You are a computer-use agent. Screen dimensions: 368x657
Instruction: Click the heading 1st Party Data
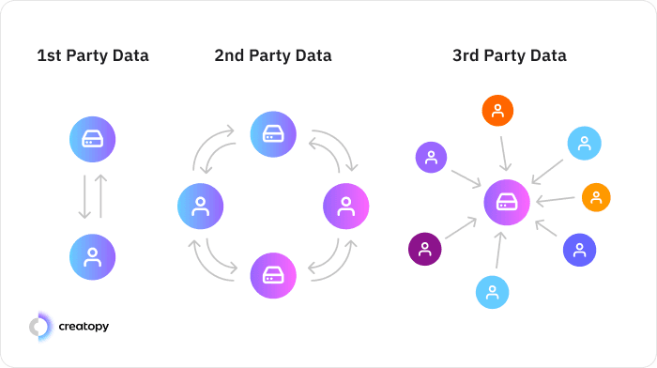[x=93, y=56]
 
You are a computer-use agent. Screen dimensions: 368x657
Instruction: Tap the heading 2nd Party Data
[x=272, y=56]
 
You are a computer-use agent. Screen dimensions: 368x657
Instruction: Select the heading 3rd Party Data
[x=509, y=56]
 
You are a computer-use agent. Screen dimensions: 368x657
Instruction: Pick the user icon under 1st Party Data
[x=92, y=256]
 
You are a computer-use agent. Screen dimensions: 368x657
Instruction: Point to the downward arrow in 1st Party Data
[x=84, y=197]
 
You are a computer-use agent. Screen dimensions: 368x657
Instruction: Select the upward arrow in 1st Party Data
[x=101, y=197]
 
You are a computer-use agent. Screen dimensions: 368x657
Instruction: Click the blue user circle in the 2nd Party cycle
[x=200, y=206]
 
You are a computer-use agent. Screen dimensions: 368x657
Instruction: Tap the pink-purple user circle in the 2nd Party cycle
[x=345, y=206]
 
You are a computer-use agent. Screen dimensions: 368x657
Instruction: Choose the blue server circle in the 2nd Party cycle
[x=273, y=133]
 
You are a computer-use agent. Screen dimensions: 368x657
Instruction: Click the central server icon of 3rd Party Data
[x=507, y=202]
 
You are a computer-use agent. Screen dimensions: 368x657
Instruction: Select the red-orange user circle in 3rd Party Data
[x=497, y=111]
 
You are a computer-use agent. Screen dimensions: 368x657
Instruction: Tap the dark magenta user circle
[x=424, y=249]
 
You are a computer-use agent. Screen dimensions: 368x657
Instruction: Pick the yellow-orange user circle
[x=596, y=197]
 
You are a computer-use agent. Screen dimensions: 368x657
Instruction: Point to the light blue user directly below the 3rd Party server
[x=492, y=291]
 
